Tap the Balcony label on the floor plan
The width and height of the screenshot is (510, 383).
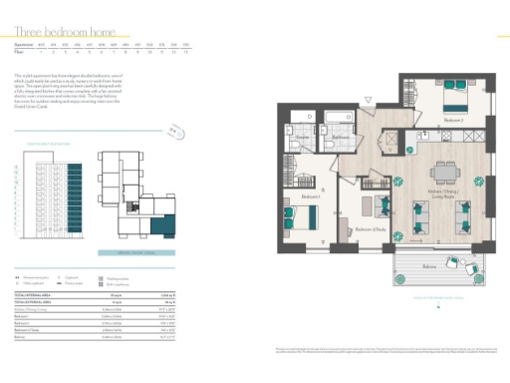click(429, 267)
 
